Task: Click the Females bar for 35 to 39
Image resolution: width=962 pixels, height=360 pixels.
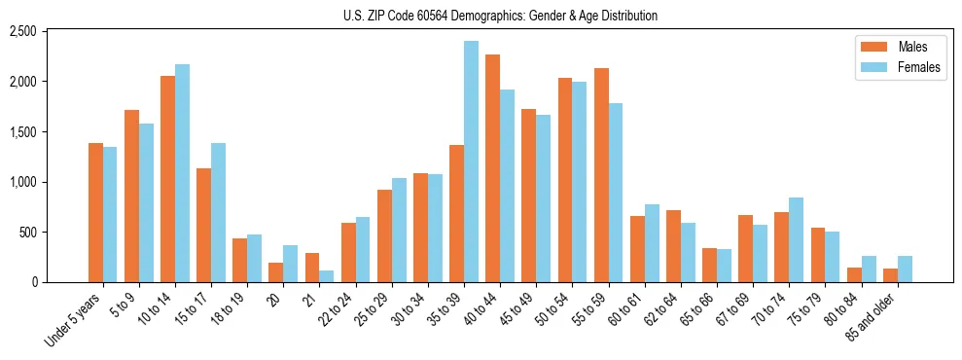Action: click(471, 162)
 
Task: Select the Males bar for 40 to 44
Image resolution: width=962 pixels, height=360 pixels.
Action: click(492, 168)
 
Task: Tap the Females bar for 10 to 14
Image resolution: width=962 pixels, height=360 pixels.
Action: click(182, 173)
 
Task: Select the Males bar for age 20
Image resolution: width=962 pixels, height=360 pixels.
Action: click(276, 272)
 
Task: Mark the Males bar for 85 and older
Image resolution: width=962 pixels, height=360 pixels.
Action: click(890, 275)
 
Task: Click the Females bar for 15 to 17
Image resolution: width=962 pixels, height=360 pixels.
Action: click(218, 212)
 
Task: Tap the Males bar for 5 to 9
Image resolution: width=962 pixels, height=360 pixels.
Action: click(131, 196)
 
